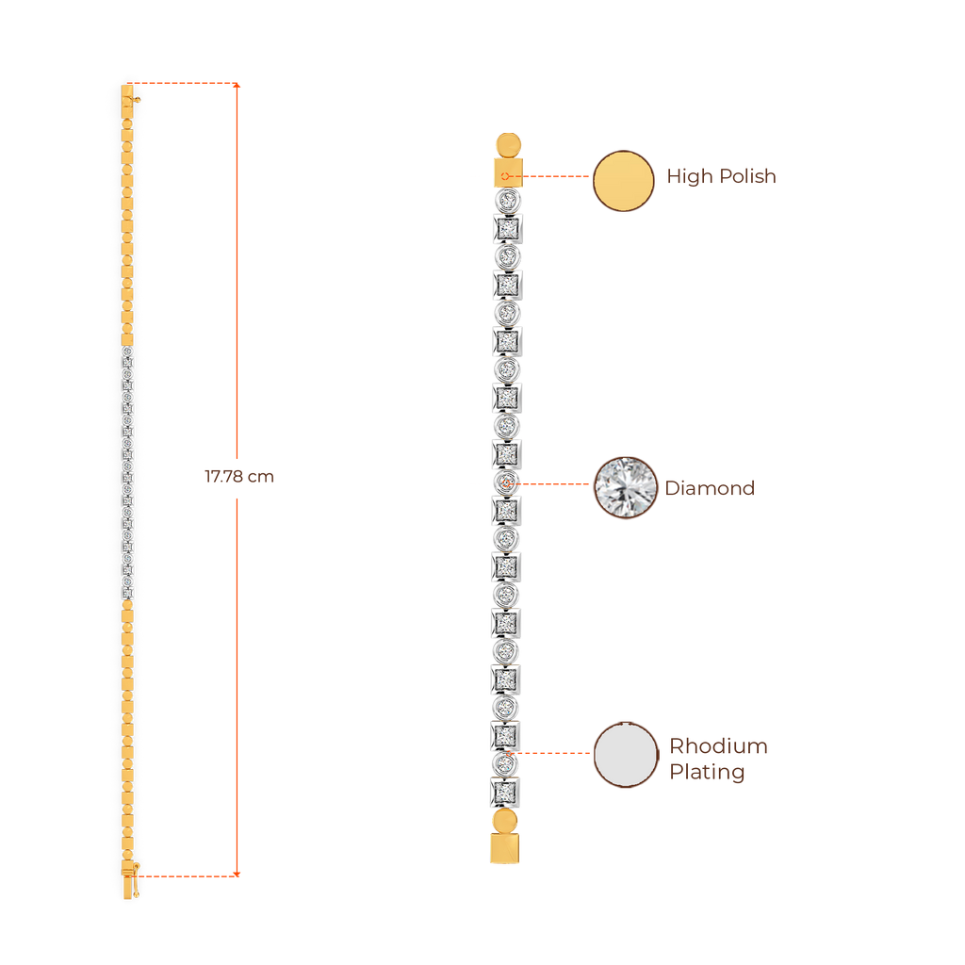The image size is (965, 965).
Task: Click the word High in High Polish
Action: [686, 176]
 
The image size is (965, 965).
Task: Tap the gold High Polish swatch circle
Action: [623, 180]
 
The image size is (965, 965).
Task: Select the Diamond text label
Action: [710, 488]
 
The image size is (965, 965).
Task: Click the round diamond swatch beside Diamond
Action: [625, 487]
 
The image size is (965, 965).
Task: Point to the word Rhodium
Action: [718, 746]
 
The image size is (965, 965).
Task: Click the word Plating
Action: [707, 772]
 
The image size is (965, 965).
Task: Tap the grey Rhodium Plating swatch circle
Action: [625, 754]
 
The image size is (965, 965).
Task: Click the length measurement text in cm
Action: [239, 477]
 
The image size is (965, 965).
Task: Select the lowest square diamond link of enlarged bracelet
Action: [506, 790]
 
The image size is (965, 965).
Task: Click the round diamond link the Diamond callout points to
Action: [507, 482]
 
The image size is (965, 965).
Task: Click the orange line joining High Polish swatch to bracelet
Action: [556, 176]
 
